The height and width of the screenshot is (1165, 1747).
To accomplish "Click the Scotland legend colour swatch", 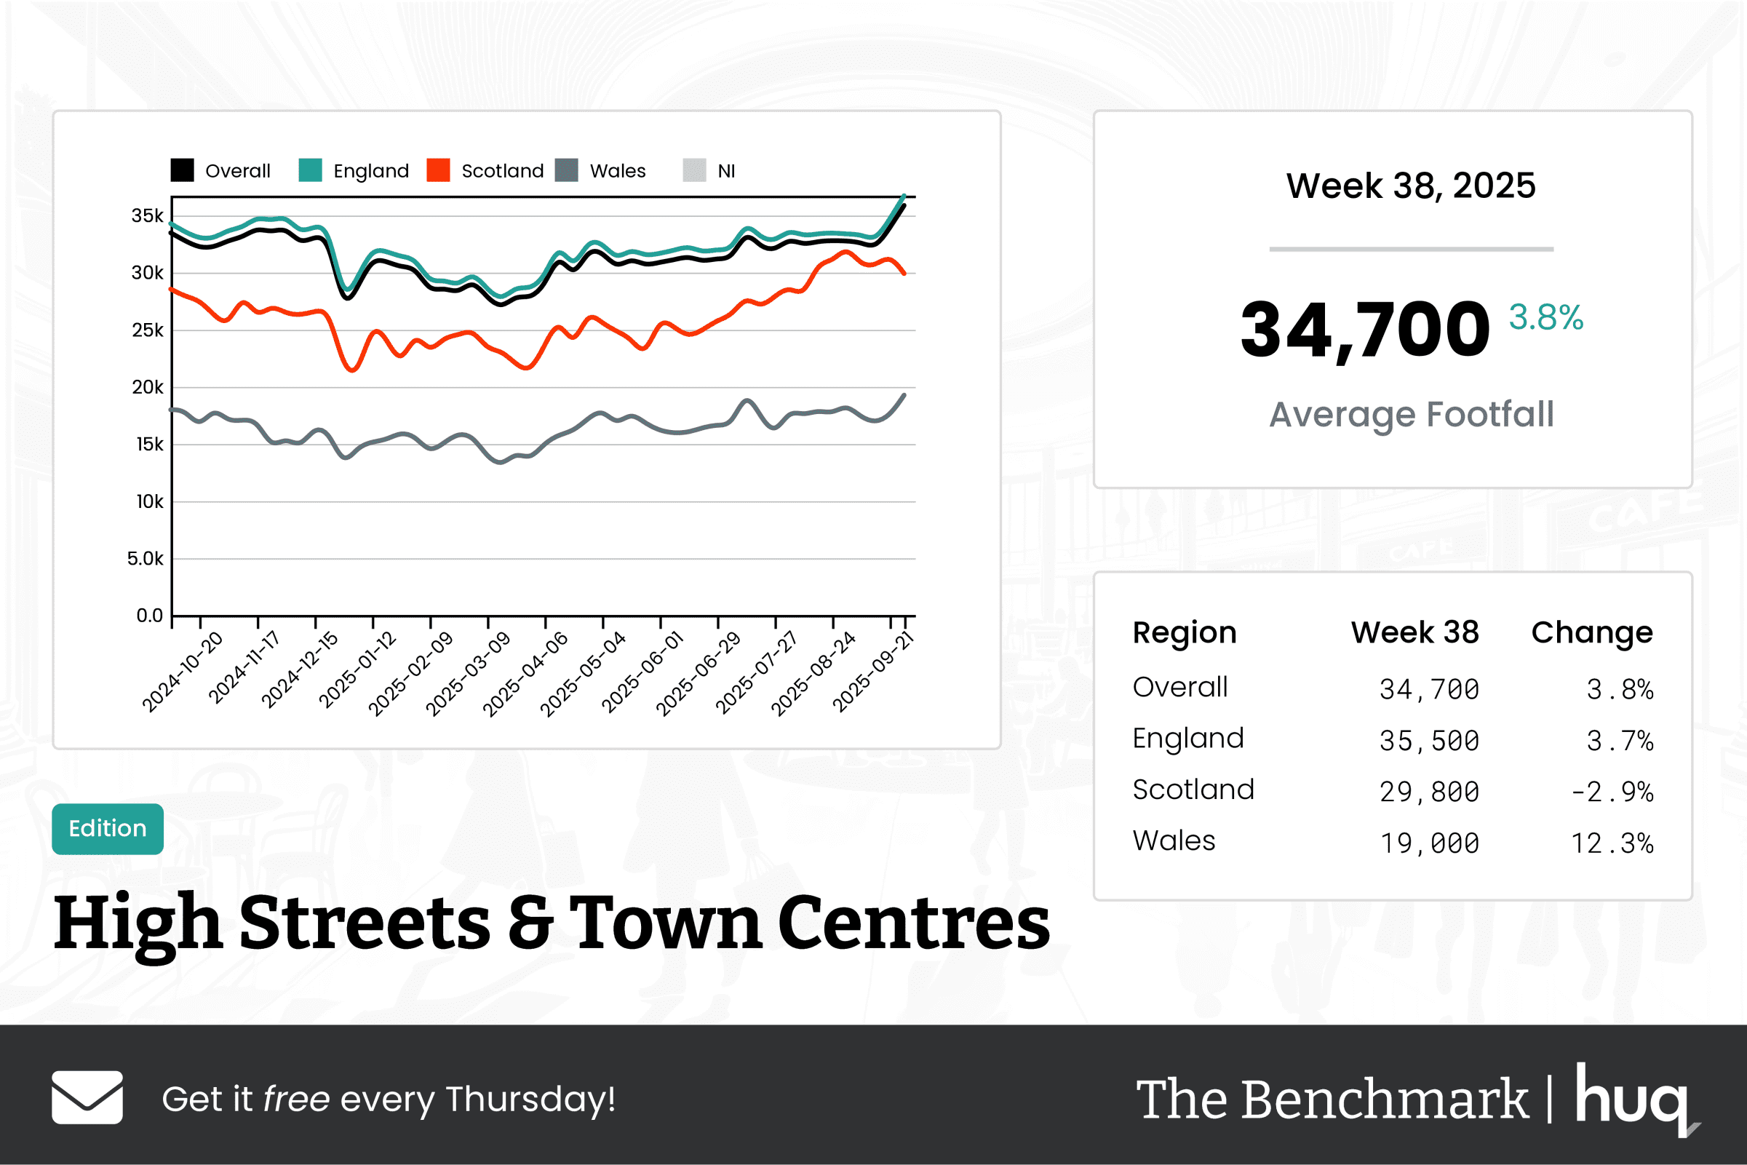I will click(438, 170).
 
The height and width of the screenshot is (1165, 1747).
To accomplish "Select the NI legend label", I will click(725, 171).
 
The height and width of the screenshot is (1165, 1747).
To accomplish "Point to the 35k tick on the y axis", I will click(147, 216).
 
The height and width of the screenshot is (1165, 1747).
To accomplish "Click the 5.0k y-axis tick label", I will click(145, 559).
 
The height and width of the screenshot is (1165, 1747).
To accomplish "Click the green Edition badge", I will click(108, 828).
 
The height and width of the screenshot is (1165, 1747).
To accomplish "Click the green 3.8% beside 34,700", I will click(1545, 317).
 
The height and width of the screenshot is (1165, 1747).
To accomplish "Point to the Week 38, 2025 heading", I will click(1411, 186).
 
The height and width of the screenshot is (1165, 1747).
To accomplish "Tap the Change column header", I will click(1592, 632).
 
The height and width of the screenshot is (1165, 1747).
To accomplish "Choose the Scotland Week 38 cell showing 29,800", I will click(1429, 792).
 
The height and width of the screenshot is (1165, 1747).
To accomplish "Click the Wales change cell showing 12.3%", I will click(1612, 843).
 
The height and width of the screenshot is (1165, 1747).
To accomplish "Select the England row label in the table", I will click(1187, 739).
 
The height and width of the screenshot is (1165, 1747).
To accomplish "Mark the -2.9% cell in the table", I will click(1612, 792).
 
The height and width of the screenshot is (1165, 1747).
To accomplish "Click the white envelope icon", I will click(87, 1097).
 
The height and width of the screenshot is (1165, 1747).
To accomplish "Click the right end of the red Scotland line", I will click(904, 274).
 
